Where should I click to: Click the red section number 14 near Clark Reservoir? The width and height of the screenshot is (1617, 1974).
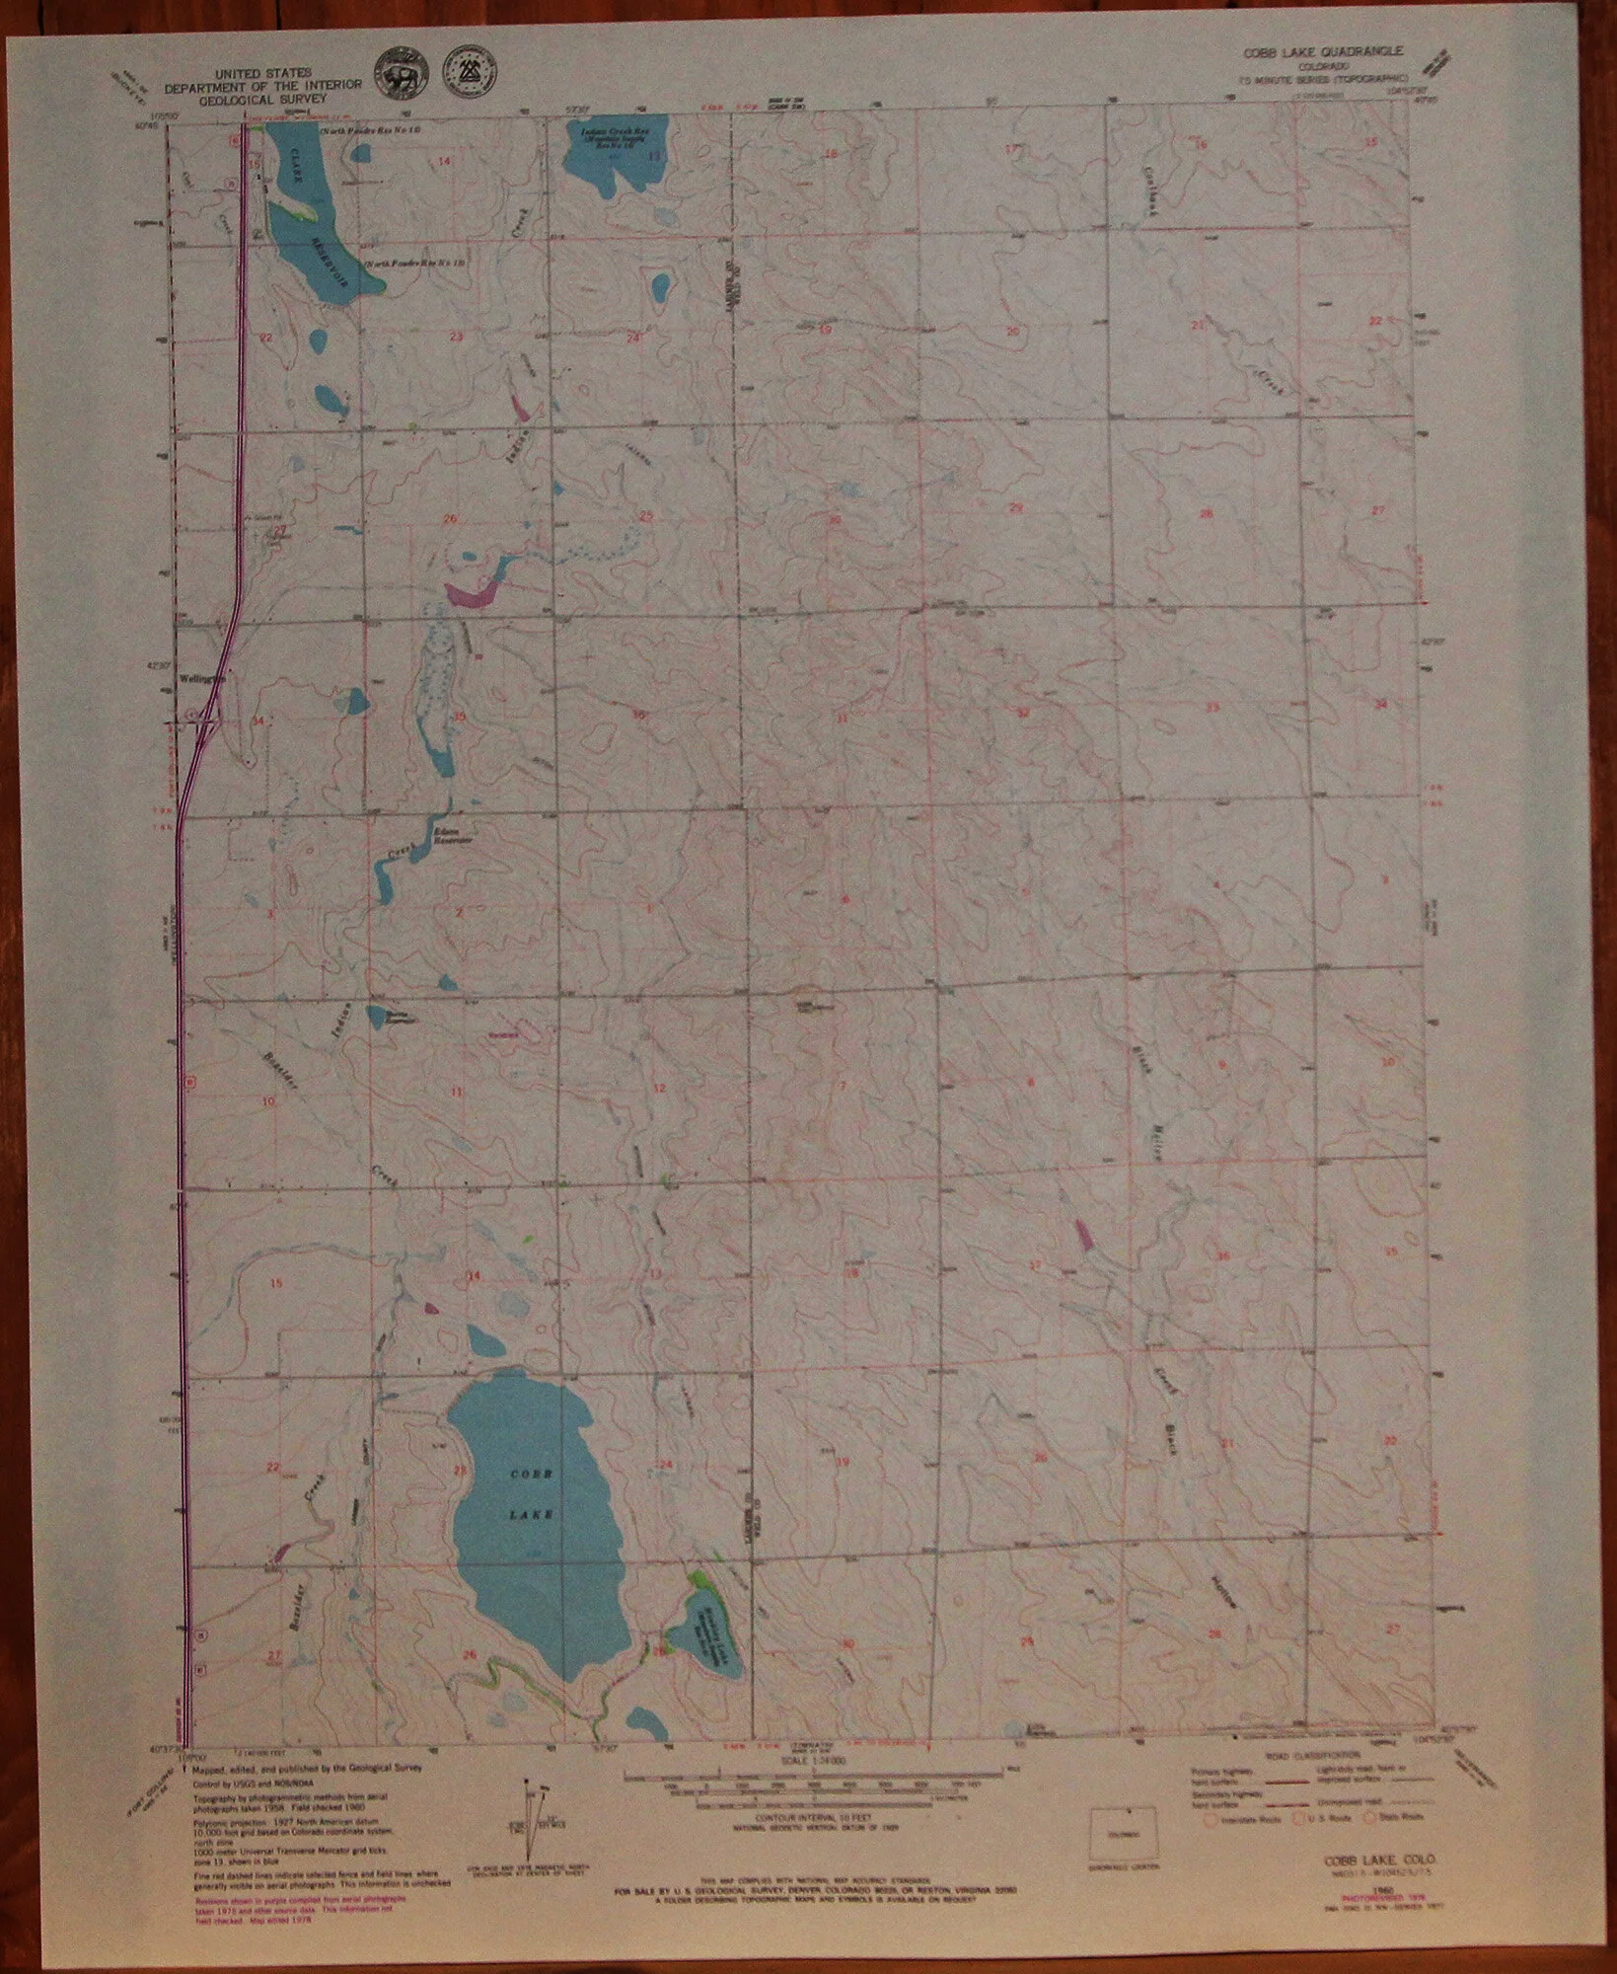click(x=444, y=161)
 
